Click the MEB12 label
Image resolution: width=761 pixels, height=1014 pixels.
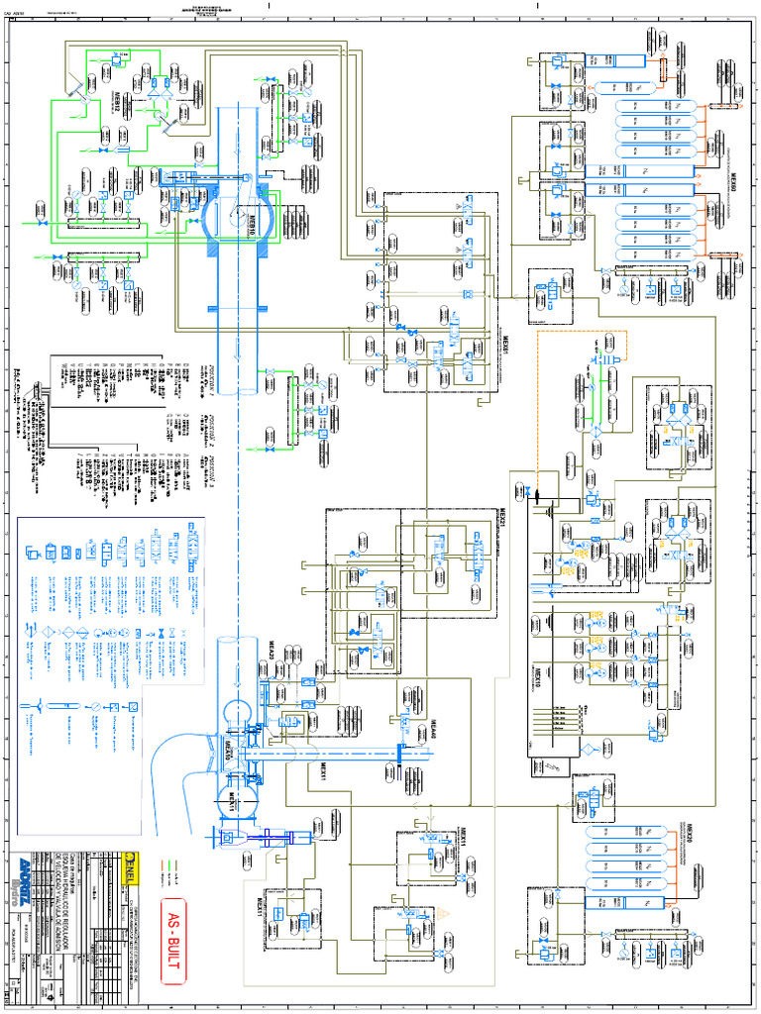116,106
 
